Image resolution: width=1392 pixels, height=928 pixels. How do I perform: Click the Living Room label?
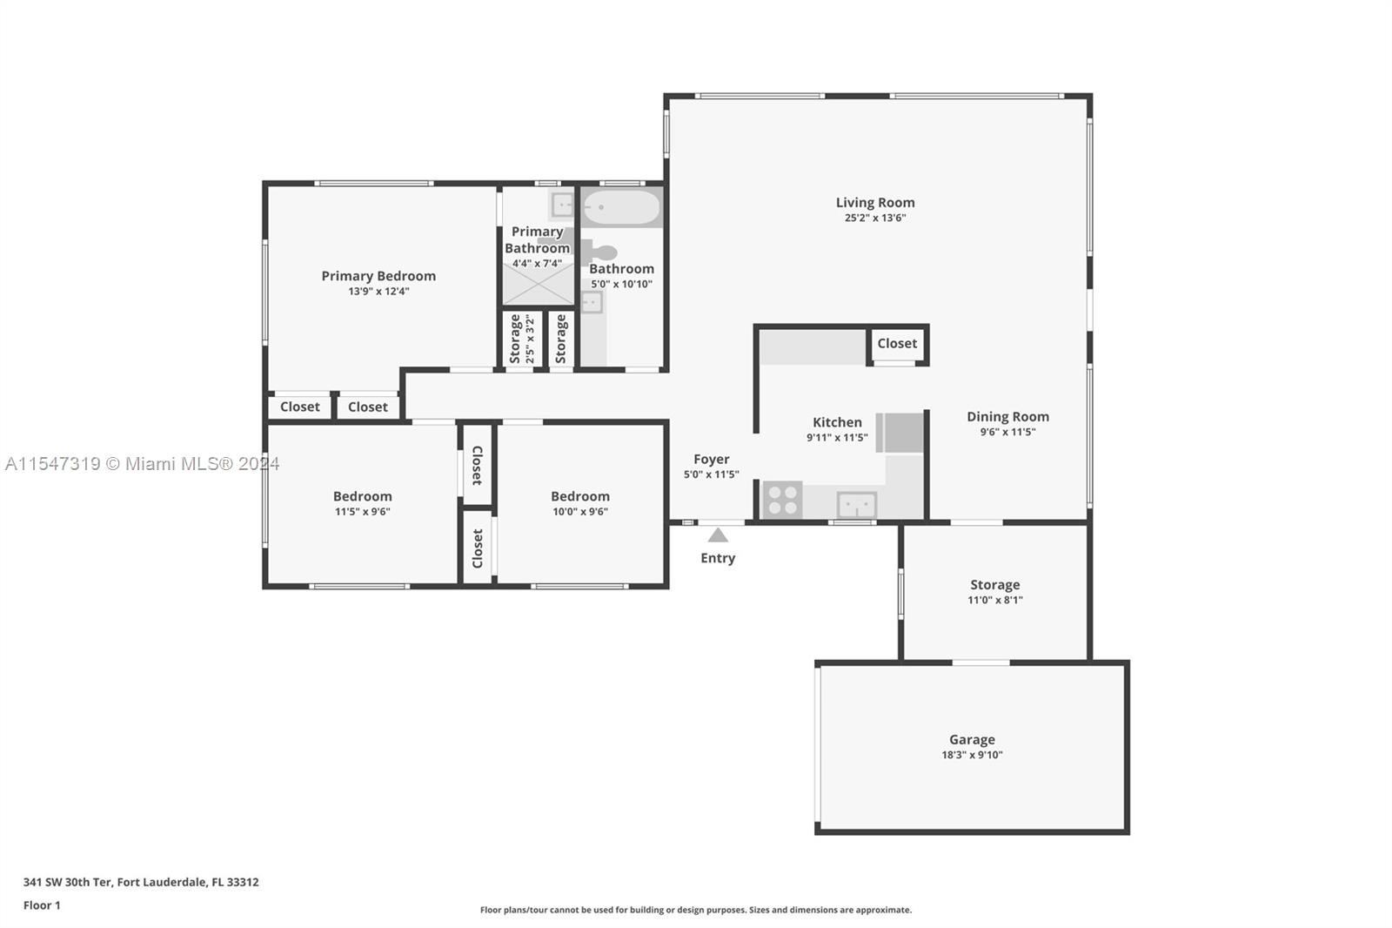point(875,203)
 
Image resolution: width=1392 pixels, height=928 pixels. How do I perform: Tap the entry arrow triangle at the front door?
point(718,535)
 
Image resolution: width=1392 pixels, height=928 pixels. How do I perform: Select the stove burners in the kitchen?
point(782,501)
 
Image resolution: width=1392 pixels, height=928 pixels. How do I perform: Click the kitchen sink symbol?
point(856,504)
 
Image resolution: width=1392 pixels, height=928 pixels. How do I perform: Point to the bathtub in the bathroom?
point(621,208)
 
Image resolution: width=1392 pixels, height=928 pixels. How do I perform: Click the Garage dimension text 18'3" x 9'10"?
point(972,755)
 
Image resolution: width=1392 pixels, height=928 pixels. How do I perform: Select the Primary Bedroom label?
point(378,276)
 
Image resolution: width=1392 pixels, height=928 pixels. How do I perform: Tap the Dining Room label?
point(1007,417)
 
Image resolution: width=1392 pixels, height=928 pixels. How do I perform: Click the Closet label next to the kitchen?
point(897,344)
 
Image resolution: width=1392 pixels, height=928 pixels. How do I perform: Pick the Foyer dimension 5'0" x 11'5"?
point(711,474)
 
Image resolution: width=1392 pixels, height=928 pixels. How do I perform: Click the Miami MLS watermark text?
point(143,464)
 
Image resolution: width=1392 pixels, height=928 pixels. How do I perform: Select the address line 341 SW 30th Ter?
point(141,882)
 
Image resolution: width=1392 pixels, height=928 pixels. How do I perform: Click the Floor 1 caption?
point(42,905)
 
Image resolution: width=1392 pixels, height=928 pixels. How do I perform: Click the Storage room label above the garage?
point(994,585)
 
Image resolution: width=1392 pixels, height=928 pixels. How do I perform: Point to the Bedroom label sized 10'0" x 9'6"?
point(579,496)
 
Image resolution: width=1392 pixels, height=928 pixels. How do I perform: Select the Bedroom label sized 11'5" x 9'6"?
point(362,496)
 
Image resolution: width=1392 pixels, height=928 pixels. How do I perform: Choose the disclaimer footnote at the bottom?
point(696,910)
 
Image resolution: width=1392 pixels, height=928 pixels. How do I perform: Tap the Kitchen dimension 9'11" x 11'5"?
point(837,438)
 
